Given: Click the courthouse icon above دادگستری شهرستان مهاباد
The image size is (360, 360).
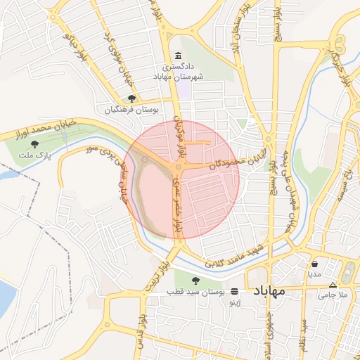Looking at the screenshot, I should pos(177,56).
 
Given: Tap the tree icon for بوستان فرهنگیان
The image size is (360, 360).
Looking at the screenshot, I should pos(131,99).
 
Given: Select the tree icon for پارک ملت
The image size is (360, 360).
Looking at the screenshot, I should pos(34,144).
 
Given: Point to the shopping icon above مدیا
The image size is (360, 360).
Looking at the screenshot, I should pos(314,264).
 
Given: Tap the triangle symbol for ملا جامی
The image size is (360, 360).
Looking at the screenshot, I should pos(333,285).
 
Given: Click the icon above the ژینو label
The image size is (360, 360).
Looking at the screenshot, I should pos(234,291).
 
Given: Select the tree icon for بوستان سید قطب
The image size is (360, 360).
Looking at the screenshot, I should pos(196,281).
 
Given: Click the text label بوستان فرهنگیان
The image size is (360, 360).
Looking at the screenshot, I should pos(133,110).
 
